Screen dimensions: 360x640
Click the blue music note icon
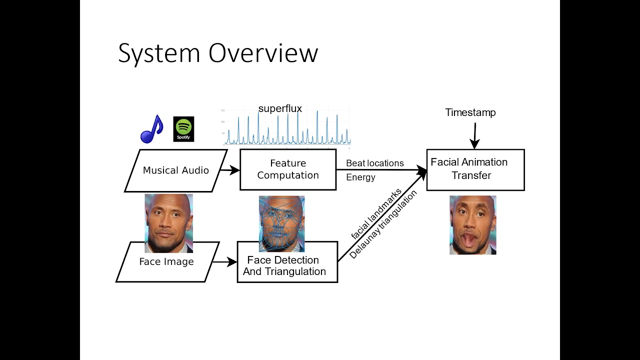tap(152, 129)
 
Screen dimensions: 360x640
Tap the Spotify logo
tap(183, 129)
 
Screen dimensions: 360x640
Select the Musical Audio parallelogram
tap(175, 170)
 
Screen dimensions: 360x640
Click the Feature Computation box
tap(288, 169)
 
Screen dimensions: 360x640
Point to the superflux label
tap(280, 109)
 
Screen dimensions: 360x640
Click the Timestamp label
tap(470, 112)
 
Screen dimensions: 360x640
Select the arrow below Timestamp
tap(474, 135)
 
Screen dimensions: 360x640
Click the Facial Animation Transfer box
tap(475, 169)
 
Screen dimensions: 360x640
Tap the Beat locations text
tap(375, 163)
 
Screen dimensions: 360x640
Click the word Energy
tap(360, 177)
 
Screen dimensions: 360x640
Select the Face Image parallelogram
tap(166, 262)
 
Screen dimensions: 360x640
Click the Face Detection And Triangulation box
tap(287, 266)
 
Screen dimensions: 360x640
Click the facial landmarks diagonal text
tap(376, 214)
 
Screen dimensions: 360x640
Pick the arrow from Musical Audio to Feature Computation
tap(229, 170)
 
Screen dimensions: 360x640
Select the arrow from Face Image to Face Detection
tap(224, 261)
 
